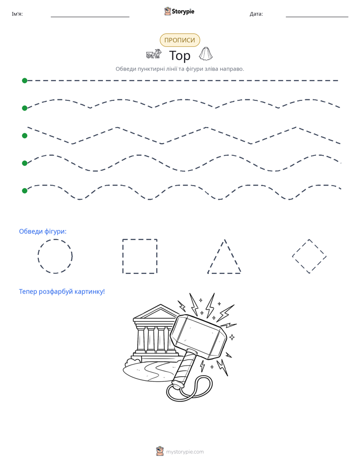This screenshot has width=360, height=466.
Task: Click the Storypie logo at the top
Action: click(179, 11)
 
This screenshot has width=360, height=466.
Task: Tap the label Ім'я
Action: click(17, 14)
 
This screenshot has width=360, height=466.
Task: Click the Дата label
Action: click(256, 14)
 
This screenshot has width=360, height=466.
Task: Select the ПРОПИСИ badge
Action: click(179, 40)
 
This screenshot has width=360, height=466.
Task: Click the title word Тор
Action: click(179, 55)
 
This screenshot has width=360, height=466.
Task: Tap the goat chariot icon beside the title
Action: click(154, 54)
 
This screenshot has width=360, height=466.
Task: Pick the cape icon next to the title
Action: click(206, 53)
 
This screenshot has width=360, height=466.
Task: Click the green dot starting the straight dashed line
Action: click(25, 81)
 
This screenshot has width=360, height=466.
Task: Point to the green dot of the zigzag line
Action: click(25, 136)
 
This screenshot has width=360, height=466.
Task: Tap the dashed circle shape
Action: click(38, 256)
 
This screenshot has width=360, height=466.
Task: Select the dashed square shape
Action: click(123, 256)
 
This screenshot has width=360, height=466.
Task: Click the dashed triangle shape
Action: click(216, 256)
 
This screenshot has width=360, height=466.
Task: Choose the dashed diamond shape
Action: click(301, 248)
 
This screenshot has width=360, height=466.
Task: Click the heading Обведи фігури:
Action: click(43, 231)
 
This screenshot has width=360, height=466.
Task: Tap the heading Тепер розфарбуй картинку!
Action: click(62, 292)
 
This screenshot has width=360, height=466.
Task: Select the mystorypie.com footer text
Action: click(185, 452)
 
